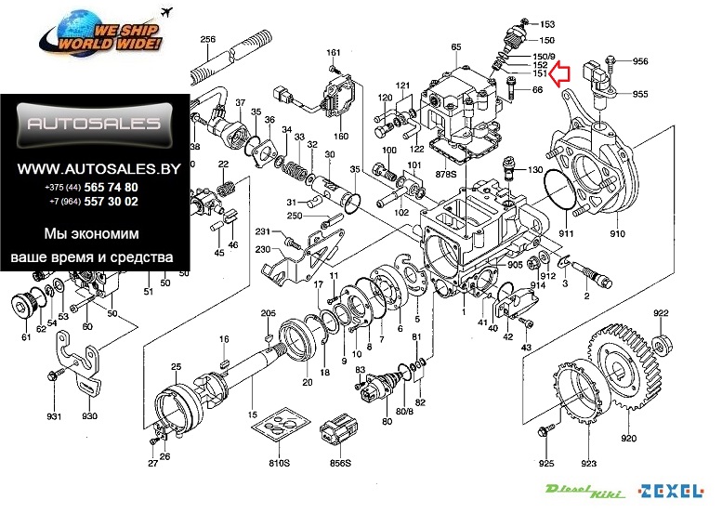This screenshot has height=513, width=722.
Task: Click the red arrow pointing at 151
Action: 559,73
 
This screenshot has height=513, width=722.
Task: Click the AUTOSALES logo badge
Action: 93,124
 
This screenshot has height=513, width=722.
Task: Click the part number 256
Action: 207,39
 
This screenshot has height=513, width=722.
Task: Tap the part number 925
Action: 546,463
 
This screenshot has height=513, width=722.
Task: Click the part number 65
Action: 455,46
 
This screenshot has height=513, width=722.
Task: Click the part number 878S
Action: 446,174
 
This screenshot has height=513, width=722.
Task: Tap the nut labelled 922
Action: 661,346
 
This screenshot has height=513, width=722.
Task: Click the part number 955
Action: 640,94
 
